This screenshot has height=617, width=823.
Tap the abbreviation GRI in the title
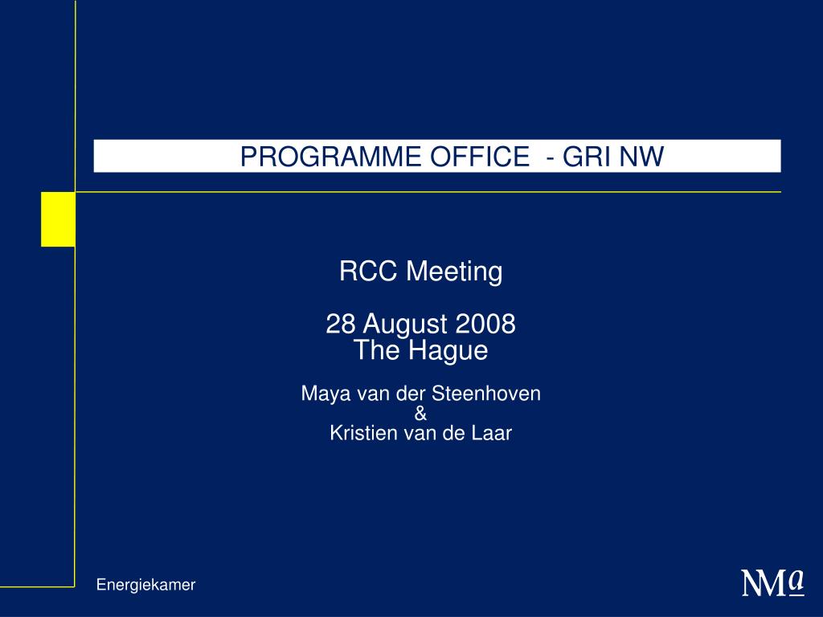584,157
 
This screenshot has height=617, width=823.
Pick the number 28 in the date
340,325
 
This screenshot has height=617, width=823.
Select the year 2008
485,325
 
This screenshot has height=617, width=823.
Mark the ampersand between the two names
420,414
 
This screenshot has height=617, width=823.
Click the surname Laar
495,434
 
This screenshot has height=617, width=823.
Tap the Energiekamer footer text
145,585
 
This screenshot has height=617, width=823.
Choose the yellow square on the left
58,219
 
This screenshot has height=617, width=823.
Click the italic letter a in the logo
796,578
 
